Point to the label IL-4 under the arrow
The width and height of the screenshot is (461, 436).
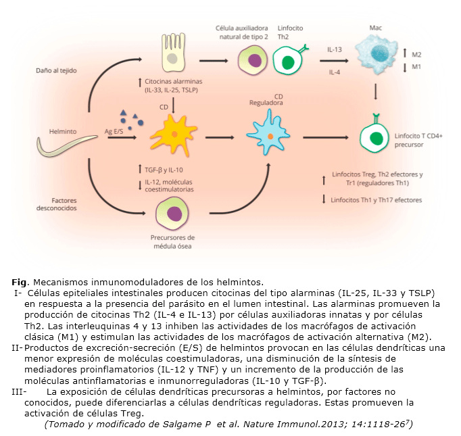coord(335,72)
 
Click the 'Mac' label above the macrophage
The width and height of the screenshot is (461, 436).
coord(375,28)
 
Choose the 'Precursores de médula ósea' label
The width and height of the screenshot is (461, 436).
coord(173,241)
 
